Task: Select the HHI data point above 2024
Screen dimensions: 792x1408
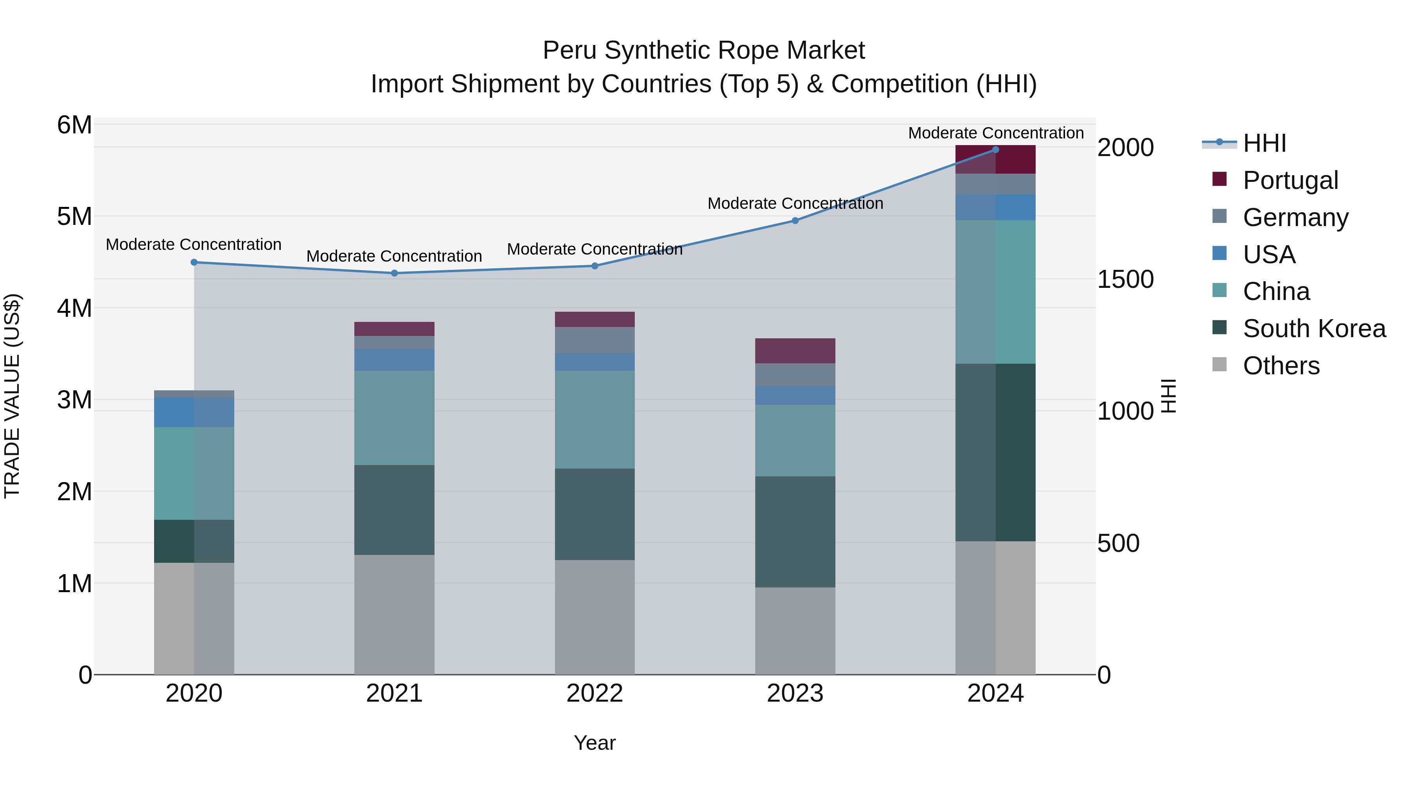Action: coord(995,149)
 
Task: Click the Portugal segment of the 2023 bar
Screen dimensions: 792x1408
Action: coord(795,351)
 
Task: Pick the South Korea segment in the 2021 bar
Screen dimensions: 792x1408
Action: coord(394,510)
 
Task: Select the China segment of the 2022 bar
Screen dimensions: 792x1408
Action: coord(594,419)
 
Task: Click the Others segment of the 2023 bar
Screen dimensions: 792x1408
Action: coord(795,631)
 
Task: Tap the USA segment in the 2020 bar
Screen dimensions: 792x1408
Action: coord(194,412)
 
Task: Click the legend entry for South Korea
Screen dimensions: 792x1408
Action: coord(1314,329)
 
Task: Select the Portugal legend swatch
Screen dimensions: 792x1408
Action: coord(1219,179)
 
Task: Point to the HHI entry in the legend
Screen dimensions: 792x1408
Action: coord(1264,143)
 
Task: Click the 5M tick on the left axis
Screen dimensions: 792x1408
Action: coord(74,216)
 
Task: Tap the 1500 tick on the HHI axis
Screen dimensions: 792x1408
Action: coord(1125,279)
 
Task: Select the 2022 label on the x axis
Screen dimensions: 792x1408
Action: coord(594,693)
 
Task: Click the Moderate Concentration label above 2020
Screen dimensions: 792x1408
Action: coord(194,244)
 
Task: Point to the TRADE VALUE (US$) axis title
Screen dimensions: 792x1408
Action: coord(13,396)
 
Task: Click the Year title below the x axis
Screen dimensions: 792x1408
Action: coord(594,743)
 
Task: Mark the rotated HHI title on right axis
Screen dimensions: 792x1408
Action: coord(1168,396)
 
